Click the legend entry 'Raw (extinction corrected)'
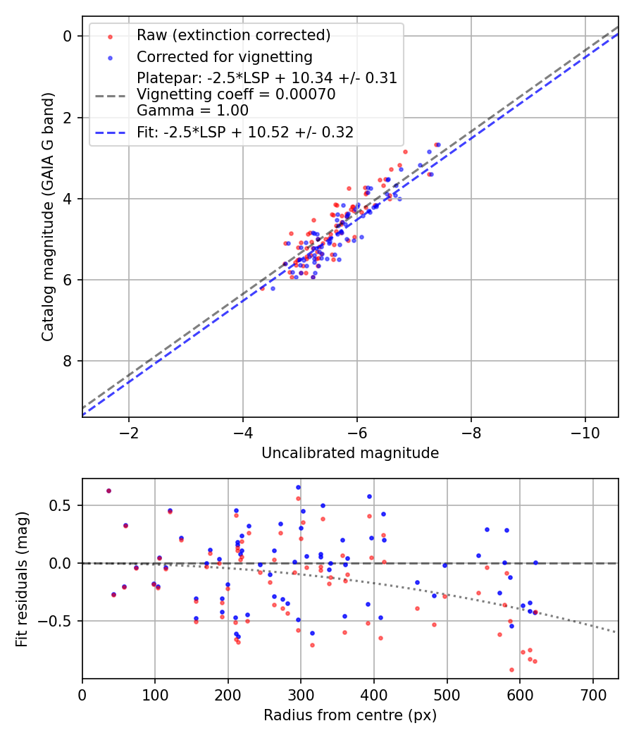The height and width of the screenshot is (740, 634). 233,35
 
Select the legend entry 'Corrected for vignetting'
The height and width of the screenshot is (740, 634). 224,56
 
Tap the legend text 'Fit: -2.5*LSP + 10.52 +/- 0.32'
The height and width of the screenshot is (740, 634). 244,132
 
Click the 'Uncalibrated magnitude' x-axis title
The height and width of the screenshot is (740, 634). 350,453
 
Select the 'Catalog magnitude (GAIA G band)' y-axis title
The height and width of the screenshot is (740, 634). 47,216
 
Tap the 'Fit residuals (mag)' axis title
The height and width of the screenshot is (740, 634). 21,579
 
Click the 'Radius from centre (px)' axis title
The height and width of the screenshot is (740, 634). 350,715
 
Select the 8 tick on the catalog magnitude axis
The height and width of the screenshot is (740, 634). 68,362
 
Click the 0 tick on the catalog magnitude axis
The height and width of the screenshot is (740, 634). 68,36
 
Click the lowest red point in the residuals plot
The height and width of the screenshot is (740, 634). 511,670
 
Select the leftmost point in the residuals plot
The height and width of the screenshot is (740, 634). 108,491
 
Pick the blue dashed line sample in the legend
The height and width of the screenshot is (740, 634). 113,132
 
